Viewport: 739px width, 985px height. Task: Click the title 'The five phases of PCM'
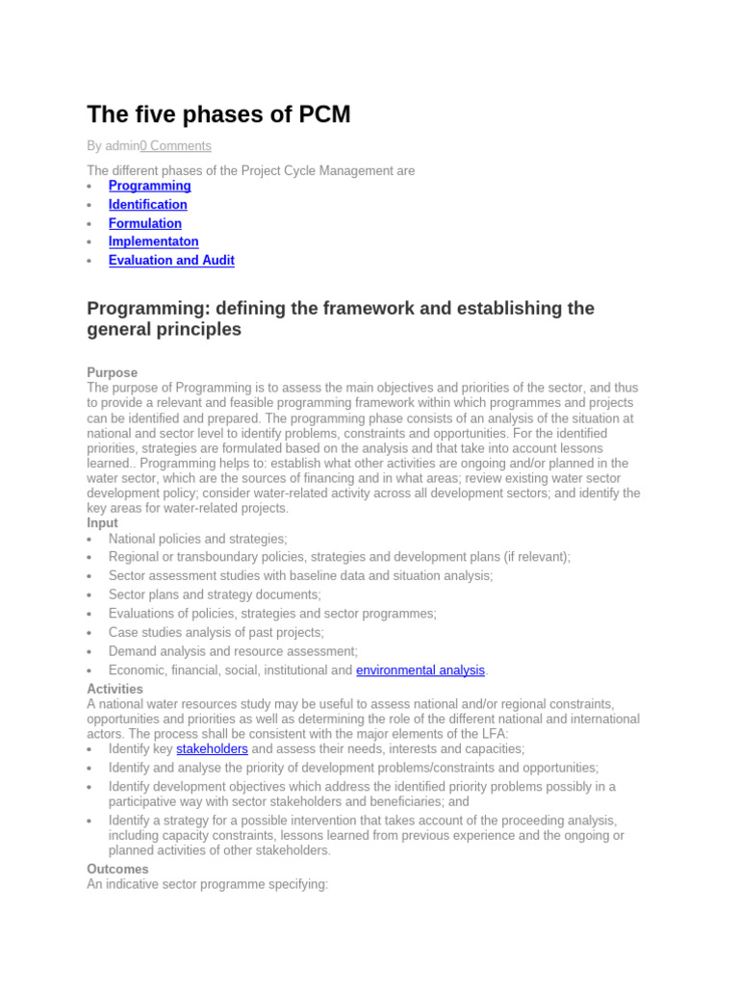coord(218,115)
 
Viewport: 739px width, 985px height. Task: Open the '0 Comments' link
coord(175,146)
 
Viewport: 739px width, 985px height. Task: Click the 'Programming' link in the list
coord(149,186)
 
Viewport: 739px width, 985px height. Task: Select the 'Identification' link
coord(147,204)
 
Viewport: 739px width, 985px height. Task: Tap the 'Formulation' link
coord(144,223)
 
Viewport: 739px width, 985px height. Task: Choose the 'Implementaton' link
coord(153,241)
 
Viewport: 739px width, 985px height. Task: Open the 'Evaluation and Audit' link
coord(171,260)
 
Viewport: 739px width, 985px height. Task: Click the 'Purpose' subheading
coord(112,372)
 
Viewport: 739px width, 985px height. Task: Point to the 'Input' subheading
coord(102,523)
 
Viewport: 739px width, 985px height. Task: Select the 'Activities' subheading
coord(115,689)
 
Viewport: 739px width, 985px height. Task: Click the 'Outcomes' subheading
coord(117,869)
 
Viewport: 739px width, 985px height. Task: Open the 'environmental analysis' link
coord(420,669)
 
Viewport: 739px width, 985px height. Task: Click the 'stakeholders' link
coord(212,748)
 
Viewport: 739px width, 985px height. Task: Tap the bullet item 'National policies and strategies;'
coord(197,539)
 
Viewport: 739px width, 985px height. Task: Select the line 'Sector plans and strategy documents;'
coord(215,594)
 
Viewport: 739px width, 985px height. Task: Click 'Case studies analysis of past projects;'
coord(216,632)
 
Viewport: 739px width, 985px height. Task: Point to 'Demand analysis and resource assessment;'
coord(233,651)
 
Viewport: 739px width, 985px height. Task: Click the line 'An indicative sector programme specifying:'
coord(208,884)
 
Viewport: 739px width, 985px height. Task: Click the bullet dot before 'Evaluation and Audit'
coord(89,261)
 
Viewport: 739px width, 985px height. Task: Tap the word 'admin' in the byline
coord(121,146)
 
